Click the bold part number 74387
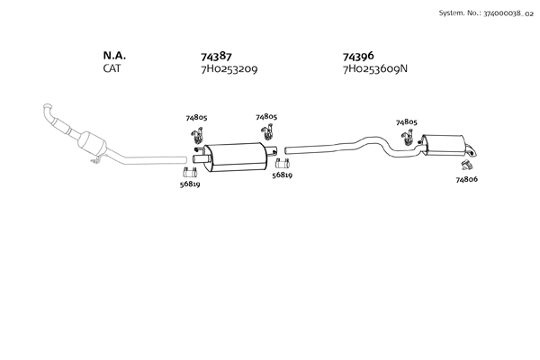(216, 56)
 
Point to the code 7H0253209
(229, 69)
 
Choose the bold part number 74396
(358, 56)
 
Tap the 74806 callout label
(466, 180)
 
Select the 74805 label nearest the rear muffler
(407, 121)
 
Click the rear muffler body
(445, 144)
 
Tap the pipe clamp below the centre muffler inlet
(191, 171)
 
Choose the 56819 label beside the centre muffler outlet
(282, 175)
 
